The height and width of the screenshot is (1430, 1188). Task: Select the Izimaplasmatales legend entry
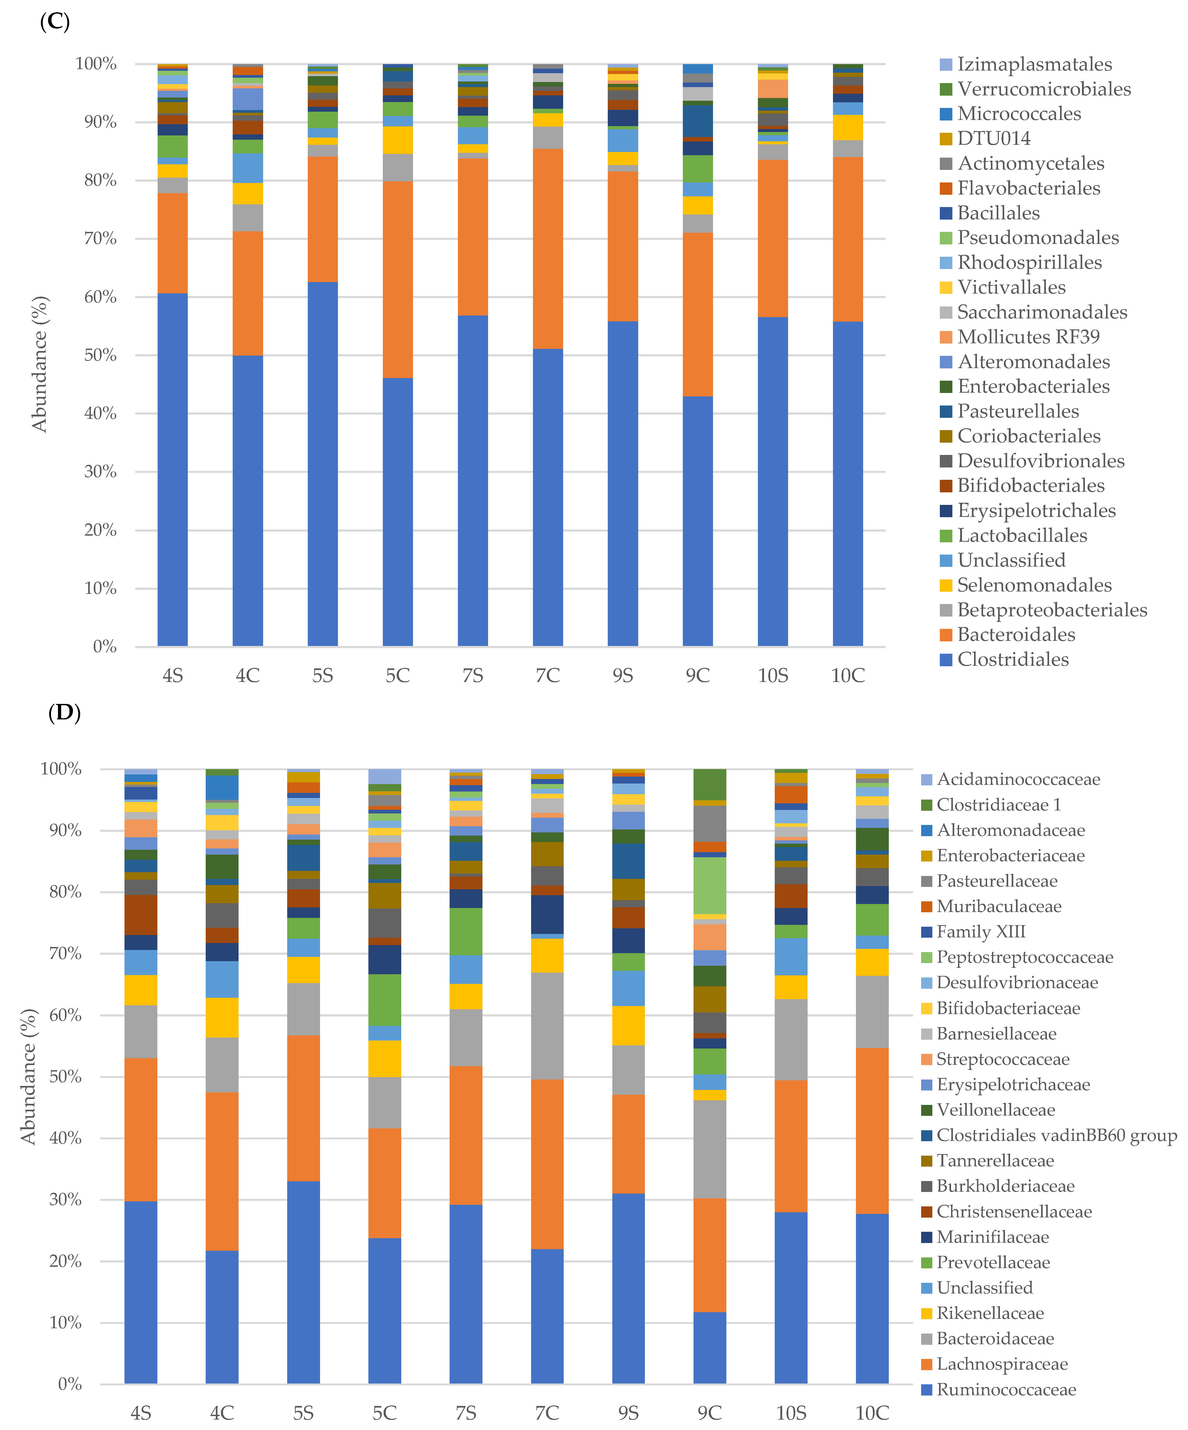tap(1034, 65)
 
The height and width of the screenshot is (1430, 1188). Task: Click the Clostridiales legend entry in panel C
tap(1012, 659)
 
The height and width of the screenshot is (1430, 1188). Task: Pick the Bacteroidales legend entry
tap(1016, 635)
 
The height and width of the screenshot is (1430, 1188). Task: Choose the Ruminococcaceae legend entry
tap(1006, 1389)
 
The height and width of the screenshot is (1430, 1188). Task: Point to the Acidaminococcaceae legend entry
tap(1018, 779)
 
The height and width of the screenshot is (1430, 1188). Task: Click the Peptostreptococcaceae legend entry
tap(1024, 957)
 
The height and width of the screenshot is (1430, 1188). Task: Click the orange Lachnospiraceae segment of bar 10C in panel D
tap(872, 1130)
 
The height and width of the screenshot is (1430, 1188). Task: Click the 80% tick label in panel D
tap(65, 892)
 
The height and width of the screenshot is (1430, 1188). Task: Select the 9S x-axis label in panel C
tap(622, 676)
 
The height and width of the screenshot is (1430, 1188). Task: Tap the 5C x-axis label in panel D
tap(385, 1413)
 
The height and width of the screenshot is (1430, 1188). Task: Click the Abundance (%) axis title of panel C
tap(40, 364)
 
